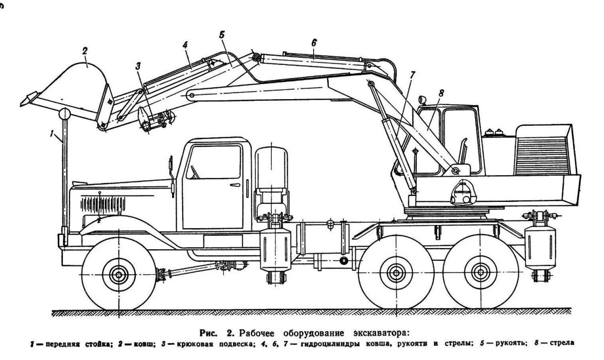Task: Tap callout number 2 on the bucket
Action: [85, 50]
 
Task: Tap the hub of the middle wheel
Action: [394, 275]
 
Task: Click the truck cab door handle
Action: [234, 186]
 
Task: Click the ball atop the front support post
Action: [65, 114]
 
